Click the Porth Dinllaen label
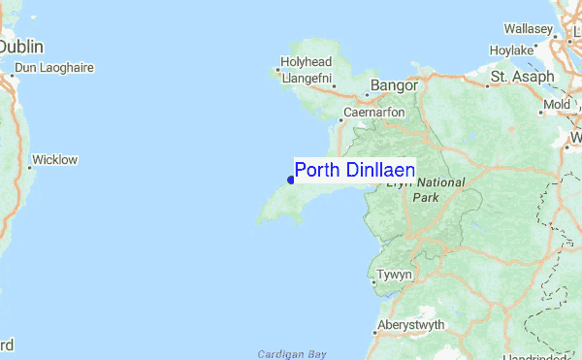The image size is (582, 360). tap(355, 170)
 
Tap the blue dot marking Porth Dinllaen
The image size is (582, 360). tap(291, 179)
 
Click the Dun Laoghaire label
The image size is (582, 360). tap(56, 68)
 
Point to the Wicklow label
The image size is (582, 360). tap(54, 159)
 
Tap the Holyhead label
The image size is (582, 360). tap(307, 62)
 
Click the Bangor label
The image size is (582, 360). tap(393, 85)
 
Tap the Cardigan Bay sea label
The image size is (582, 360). tap(291, 354)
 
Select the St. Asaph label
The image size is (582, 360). tap(523, 76)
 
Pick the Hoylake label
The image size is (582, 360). tap(512, 49)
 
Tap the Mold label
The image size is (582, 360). tap(558, 104)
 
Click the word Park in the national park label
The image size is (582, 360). tap(426, 197)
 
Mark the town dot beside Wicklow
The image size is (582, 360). tap(29, 167)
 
